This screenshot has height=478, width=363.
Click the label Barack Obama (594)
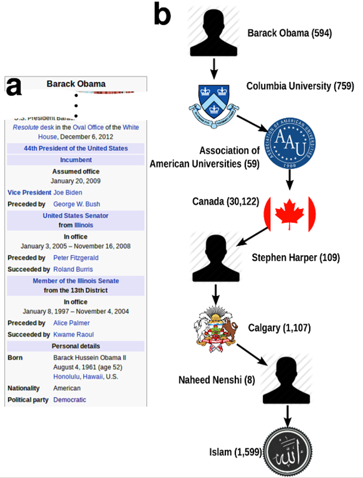[x=289, y=33]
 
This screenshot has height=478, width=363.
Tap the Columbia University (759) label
[x=300, y=87]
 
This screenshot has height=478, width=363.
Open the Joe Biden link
[x=67, y=192]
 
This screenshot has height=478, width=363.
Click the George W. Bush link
[x=77, y=204]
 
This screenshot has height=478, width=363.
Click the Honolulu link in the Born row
[x=69, y=376]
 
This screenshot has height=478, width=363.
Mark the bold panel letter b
[x=162, y=13]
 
